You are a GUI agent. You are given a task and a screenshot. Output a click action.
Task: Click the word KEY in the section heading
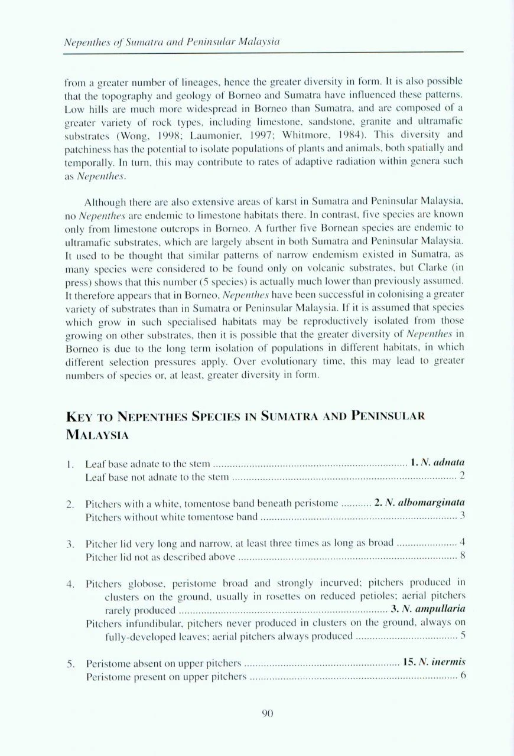pyautogui.click(x=81, y=416)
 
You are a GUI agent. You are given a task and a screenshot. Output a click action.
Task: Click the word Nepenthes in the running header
pyautogui.click(x=84, y=42)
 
